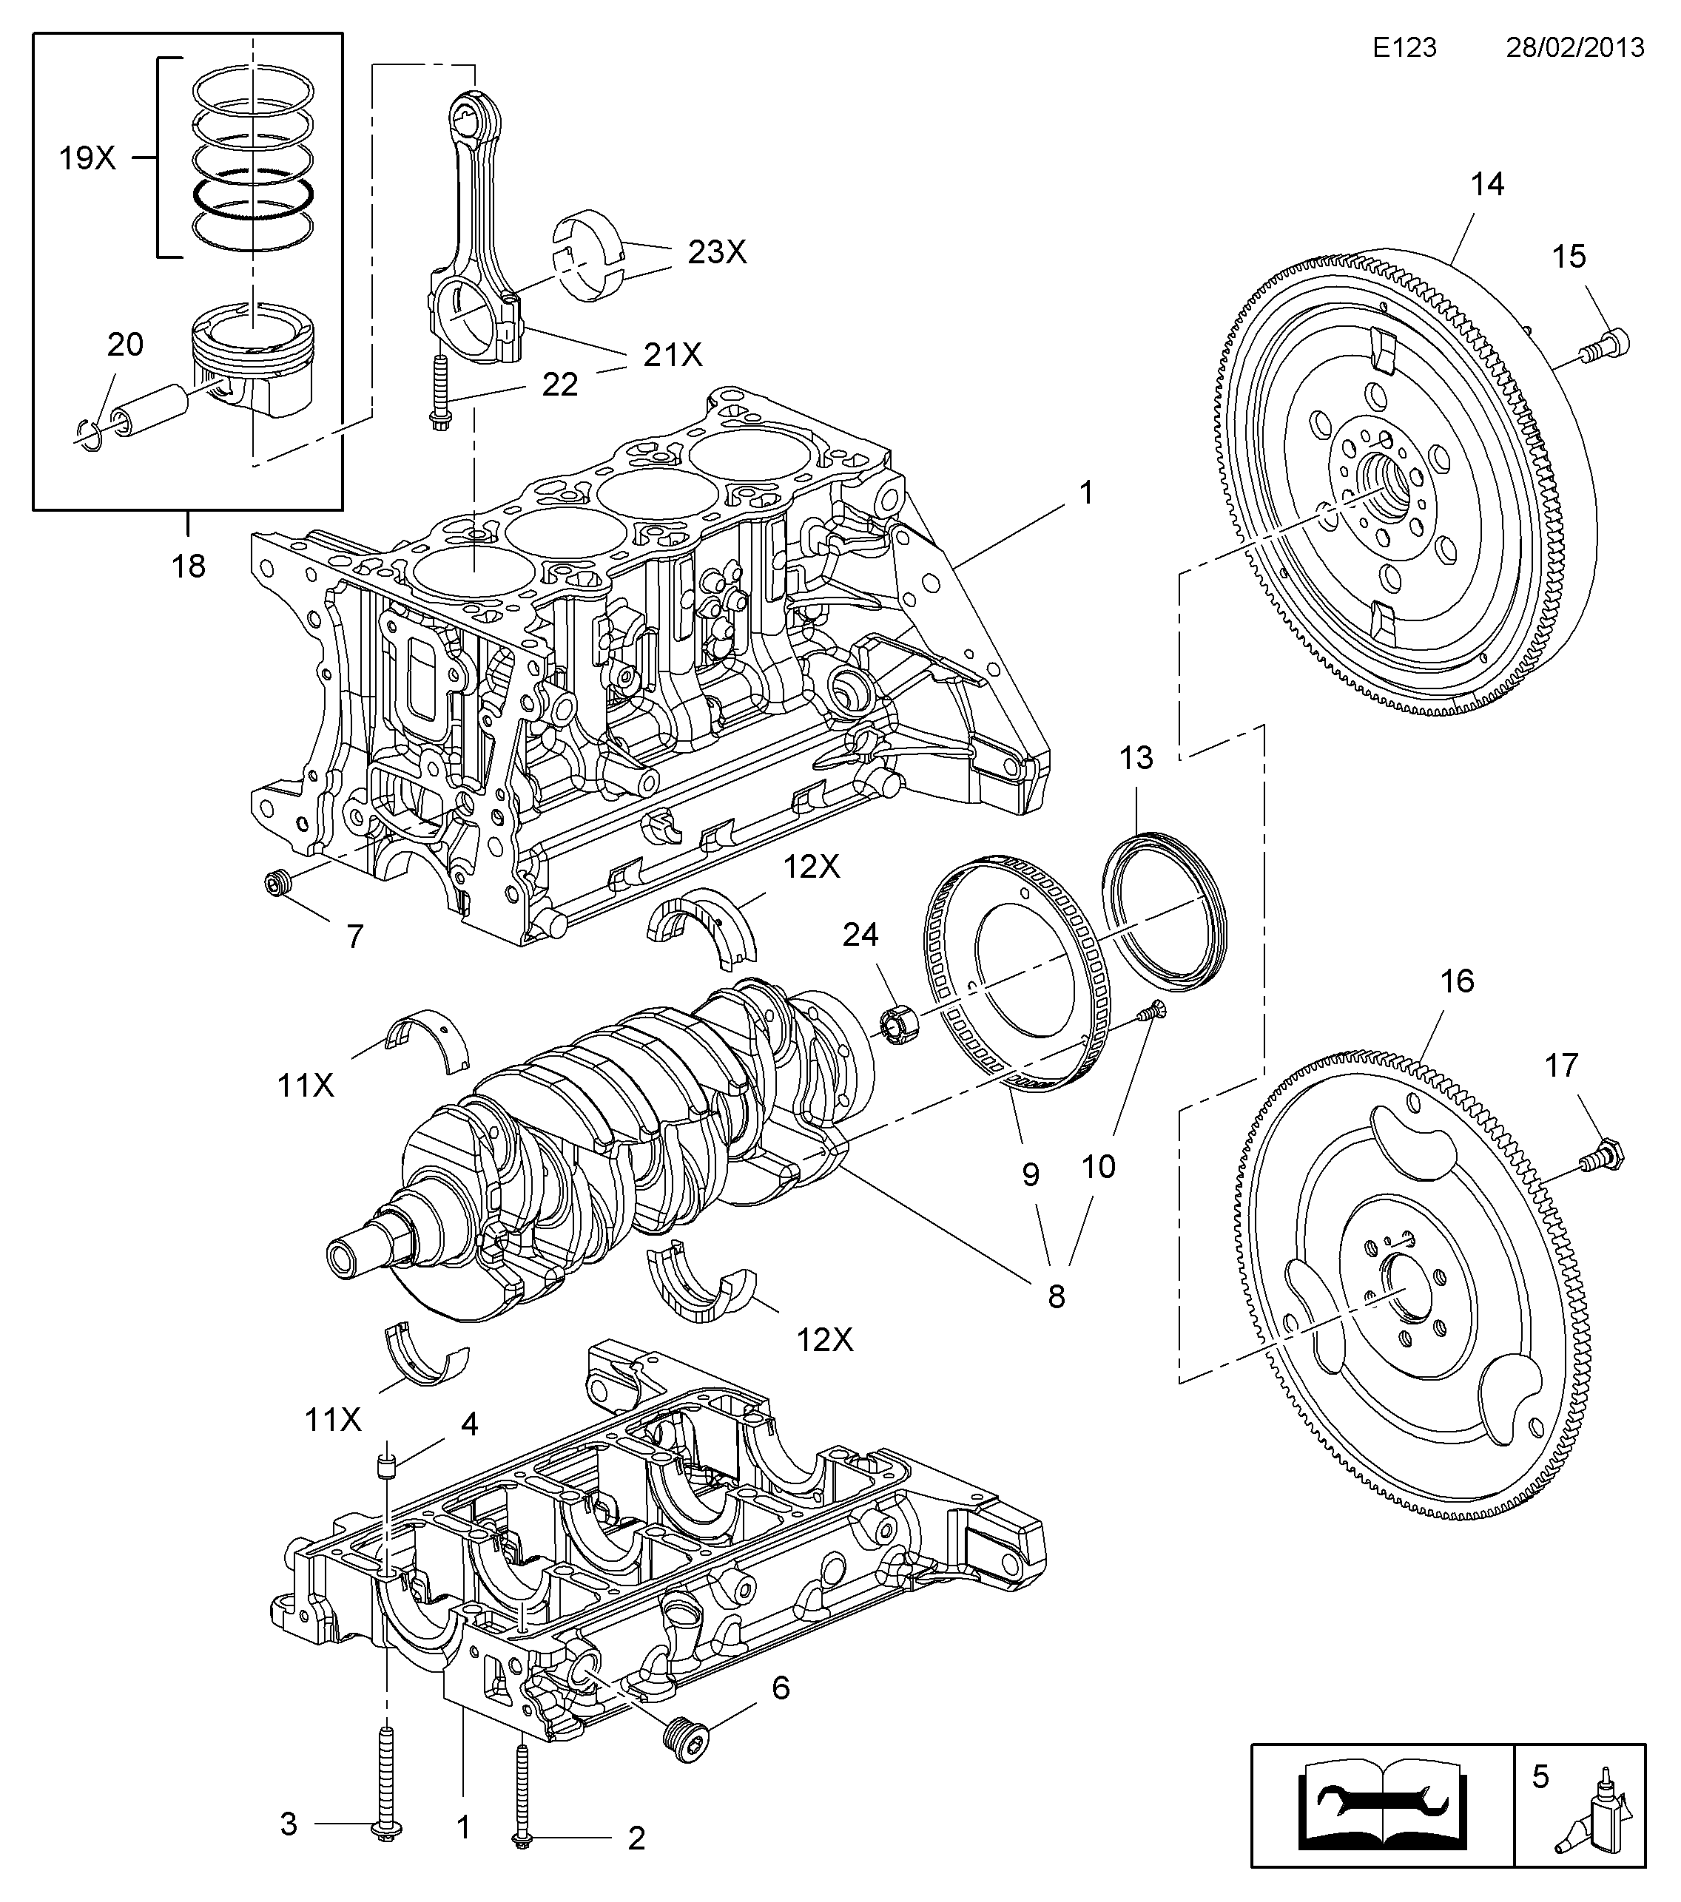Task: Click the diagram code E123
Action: click(x=1404, y=47)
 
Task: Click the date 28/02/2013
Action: click(x=1576, y=47)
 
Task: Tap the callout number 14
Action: click(x=1486, y=184)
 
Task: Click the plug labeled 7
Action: click(x=277, y=883)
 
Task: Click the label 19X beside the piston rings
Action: click(x=87, y=159)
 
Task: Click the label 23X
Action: click(x=718, y=251)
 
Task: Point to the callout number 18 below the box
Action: click(x=188, y=566)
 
